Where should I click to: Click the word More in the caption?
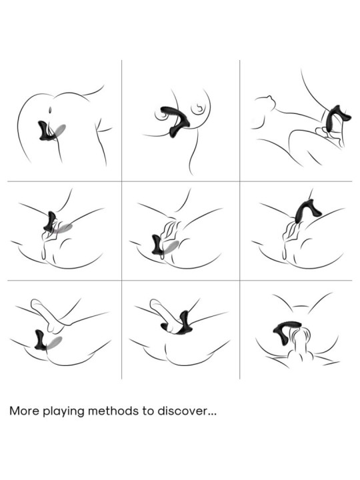pyautogui.click(x=25, y=411)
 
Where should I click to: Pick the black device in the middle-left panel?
pyautogui.click(x=50, y=222)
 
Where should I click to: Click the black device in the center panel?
pyautogui.click(x=158, y=244)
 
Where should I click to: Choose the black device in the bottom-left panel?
pyautogui.click(x=40, y=341)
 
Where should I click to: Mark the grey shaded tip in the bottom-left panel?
pyautogui.click(x=55, y=341)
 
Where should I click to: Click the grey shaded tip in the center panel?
pyautogui.click(x=172, y=245)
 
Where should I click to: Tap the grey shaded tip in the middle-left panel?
pyautogui.click(x=63, y=228)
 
